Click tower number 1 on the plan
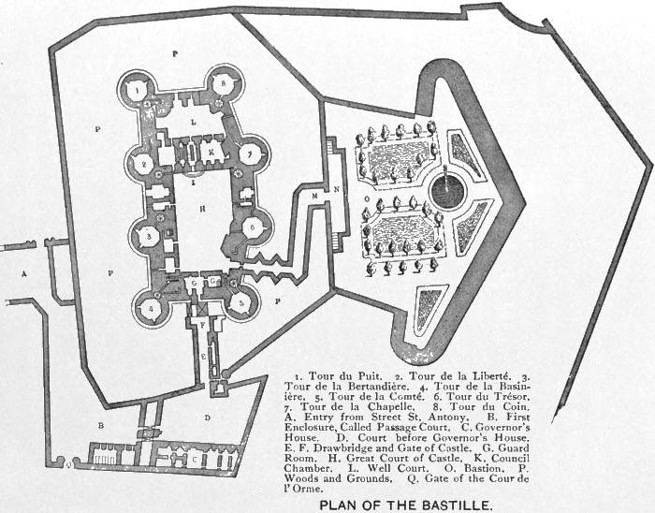[x=138, y=88]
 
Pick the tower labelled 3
[x=148, y=237]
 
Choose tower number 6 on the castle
[x=251, y=226]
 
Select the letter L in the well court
[x=193, y=122]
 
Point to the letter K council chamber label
[x=212, y=150]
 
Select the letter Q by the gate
[x=65, y=462]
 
